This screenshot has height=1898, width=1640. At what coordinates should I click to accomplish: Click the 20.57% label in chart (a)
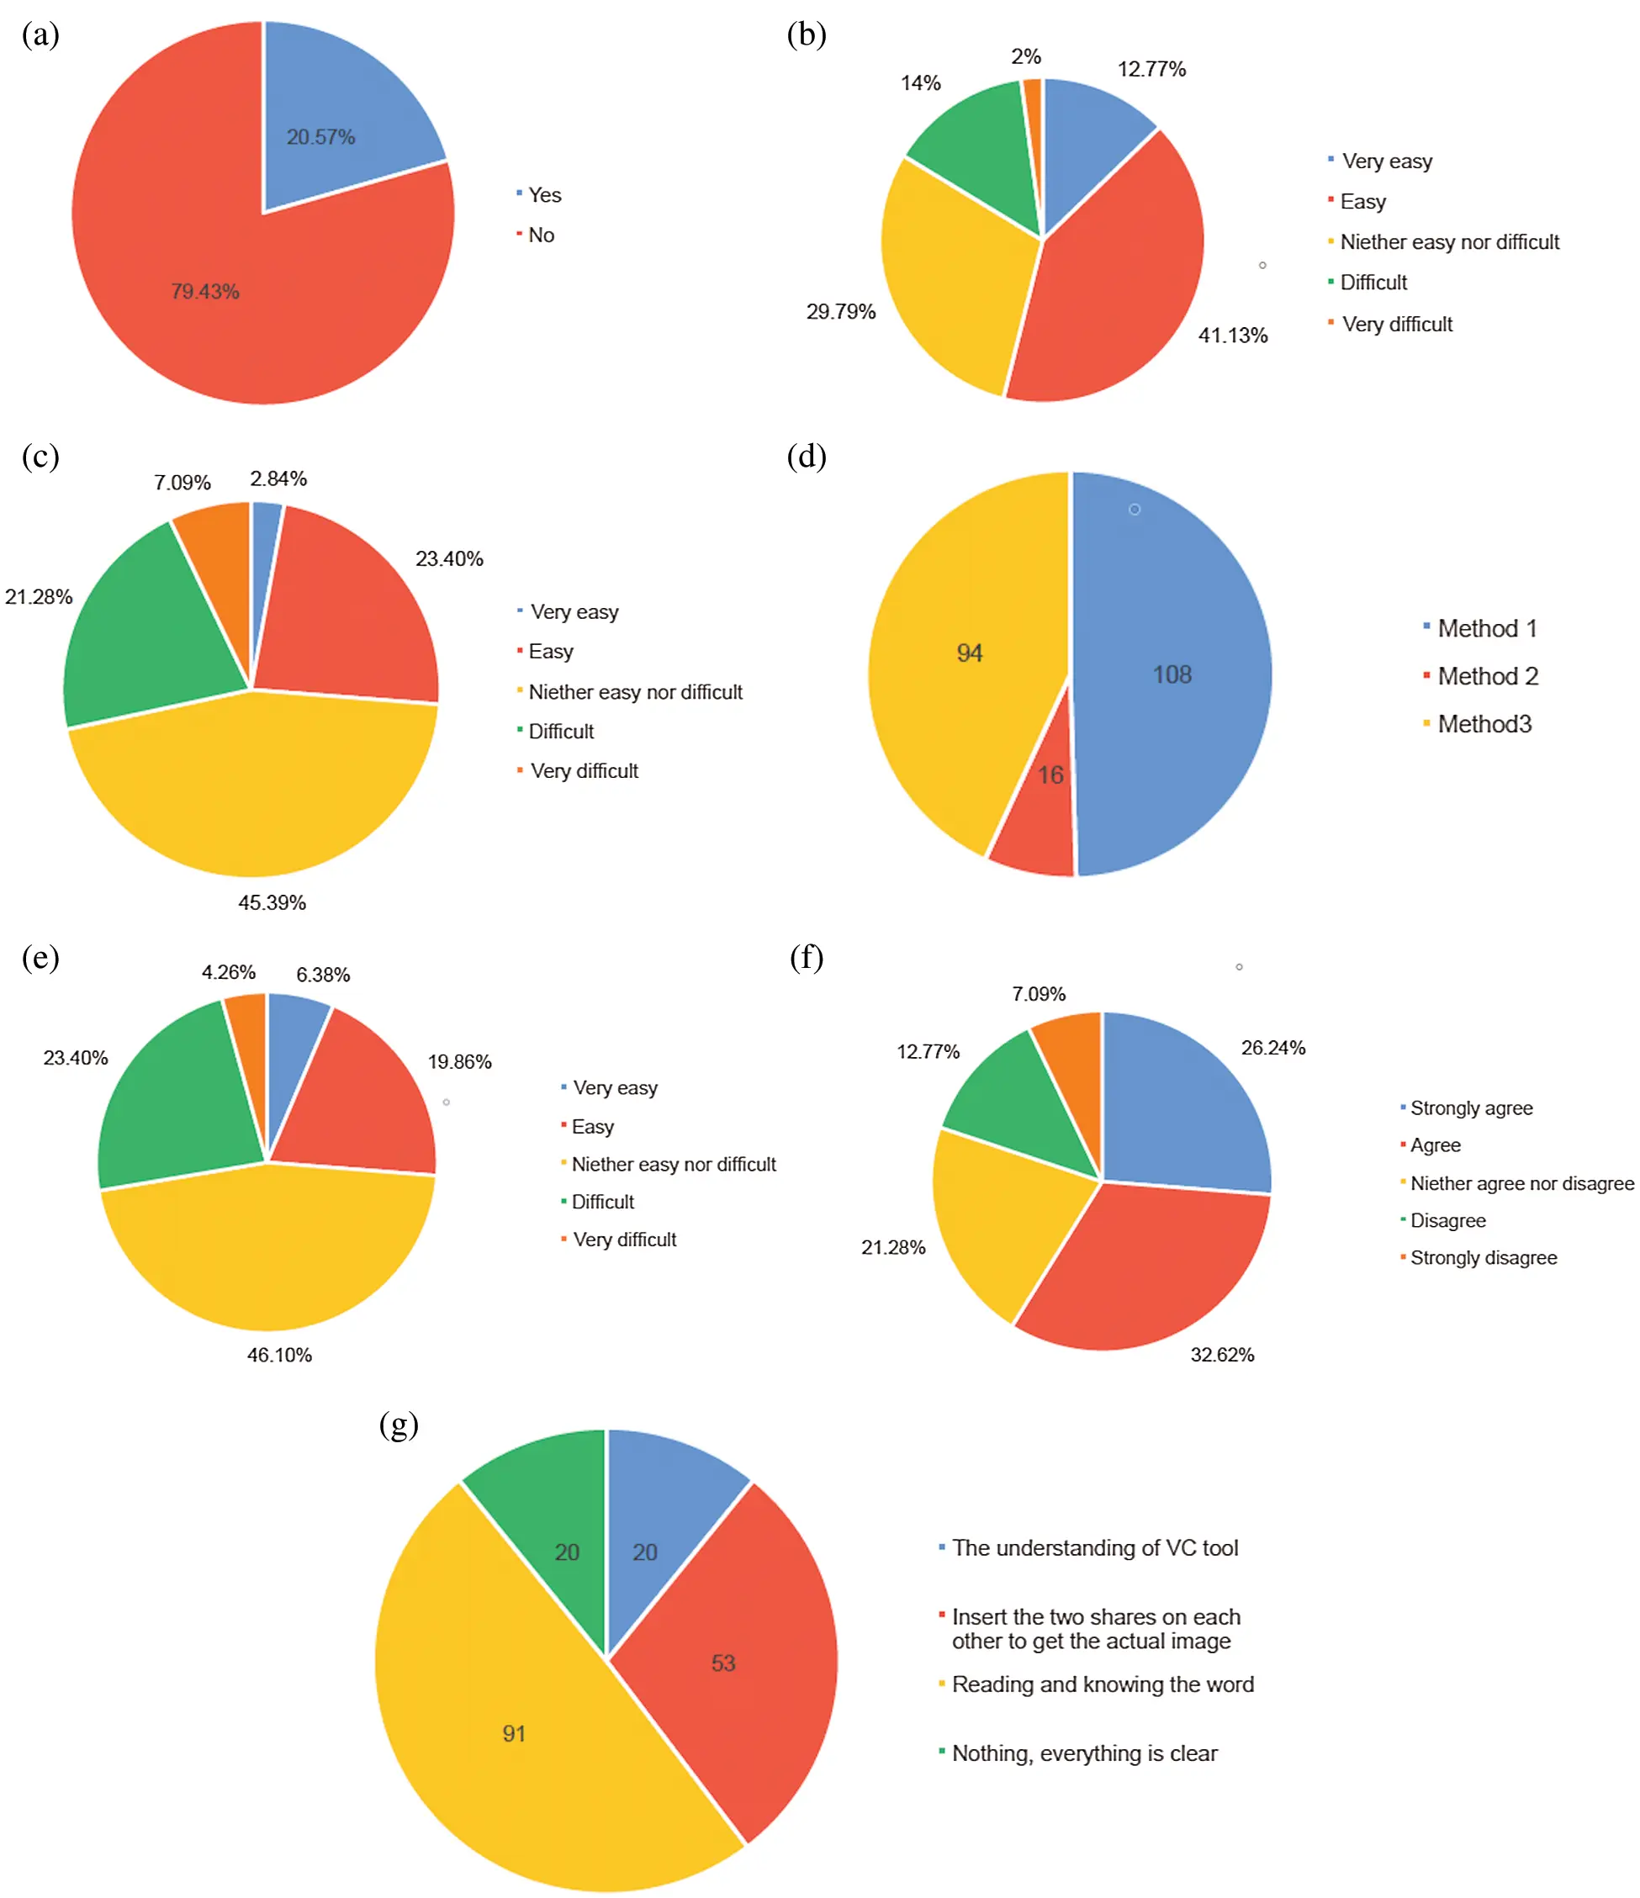pyautogui.click(x=320, y=137)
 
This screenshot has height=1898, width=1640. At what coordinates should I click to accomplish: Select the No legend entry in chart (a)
pyautogui.click(x=540, y=235)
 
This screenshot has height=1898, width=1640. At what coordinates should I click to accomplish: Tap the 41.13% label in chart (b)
pyautogui.click(x=1232, y=336)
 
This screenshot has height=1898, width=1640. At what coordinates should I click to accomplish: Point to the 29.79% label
pyautogui.click(x=840, y=311)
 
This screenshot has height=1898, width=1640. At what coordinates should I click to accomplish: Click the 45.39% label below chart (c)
pyautogui.click(x=272, y=902)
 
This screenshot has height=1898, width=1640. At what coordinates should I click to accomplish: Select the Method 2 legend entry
pyautogui.click(x=1486, y=676)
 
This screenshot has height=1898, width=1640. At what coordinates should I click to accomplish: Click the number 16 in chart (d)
pyautogui.click(x=1050, y=775)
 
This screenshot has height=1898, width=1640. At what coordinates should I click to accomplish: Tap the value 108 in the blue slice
pyautogui.click(x=1171, y=675)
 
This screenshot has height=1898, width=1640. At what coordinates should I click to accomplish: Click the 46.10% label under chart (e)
pyautogui.click(x=279, y=1355)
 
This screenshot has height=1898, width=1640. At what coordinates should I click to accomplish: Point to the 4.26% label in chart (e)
pyautogui.click(x=228, y=972)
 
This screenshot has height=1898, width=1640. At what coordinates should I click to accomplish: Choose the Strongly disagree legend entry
pyautogui.click(x=1483, y=1258)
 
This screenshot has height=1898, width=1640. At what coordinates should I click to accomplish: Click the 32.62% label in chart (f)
pyautogui.click(x=1221, y=1355)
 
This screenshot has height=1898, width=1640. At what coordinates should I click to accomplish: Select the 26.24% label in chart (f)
pyautogui.click(x=1272, y=1048)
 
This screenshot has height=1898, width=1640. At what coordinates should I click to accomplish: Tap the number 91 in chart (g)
pyautogui.click(x=514, y=1734)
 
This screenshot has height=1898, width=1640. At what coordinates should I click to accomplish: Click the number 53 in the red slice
pyautogui.click(x=723, y=1663)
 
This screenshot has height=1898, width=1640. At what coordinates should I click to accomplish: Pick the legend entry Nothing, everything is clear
pyautogui.click(x=1084, y=1753)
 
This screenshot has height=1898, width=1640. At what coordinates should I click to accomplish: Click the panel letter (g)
pyautogui.click(x=399, y=1425)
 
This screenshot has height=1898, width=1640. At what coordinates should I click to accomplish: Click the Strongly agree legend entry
pyautogui.click(x=1470, y=1108)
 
